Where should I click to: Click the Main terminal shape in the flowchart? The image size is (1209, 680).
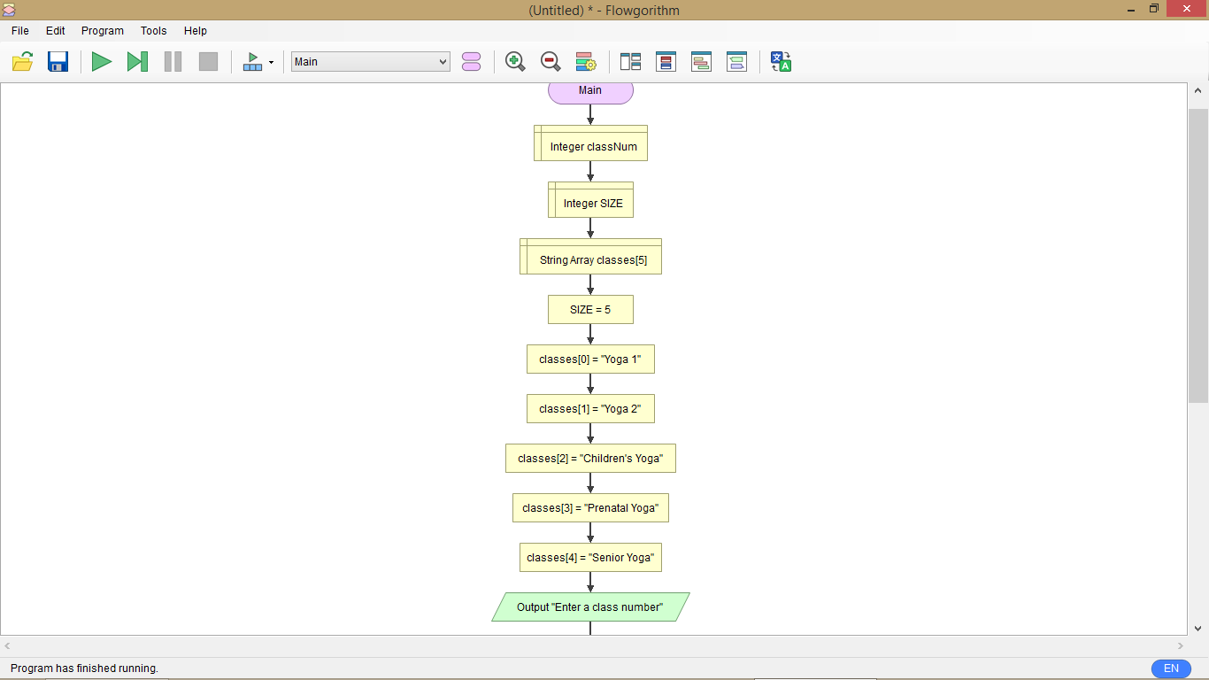590,91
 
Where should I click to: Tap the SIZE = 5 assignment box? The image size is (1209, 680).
590,310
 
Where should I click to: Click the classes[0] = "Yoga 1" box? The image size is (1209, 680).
590,359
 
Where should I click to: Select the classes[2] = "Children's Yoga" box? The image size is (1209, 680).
590,459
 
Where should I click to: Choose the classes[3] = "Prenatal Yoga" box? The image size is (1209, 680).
590,508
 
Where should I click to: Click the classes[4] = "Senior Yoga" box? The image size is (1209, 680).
590,558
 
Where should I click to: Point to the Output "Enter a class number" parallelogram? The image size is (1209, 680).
590,607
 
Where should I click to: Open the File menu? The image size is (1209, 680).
20,30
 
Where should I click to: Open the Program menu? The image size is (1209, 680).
103,30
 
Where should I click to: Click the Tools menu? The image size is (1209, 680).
153,30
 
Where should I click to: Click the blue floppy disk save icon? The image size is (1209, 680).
58,62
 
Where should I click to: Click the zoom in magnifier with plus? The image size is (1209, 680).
515,62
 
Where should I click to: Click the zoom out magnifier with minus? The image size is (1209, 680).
551,62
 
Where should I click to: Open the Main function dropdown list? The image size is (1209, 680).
371,62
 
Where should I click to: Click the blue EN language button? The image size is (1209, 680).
1171,668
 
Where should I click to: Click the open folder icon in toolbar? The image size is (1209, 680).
23,62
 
